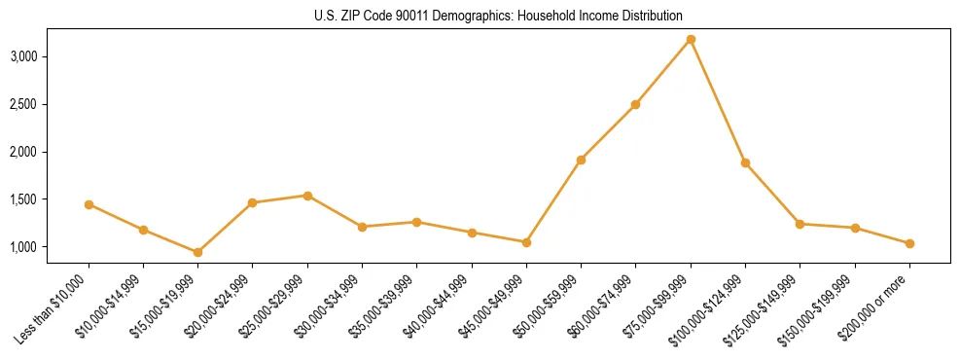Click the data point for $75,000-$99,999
[691, 39]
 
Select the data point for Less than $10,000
[89, 204]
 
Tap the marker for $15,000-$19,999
[197, 252]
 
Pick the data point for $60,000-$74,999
[635, 104]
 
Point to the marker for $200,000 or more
[909, 243]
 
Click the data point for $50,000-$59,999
[581, 160]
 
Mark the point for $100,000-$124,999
[745, 162]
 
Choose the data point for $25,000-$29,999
[307, 196]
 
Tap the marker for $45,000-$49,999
[526, 242]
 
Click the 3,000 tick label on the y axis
[49, 56]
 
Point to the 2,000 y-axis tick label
[49, 152]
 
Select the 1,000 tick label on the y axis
[49, 247]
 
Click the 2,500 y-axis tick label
[49, 104]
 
